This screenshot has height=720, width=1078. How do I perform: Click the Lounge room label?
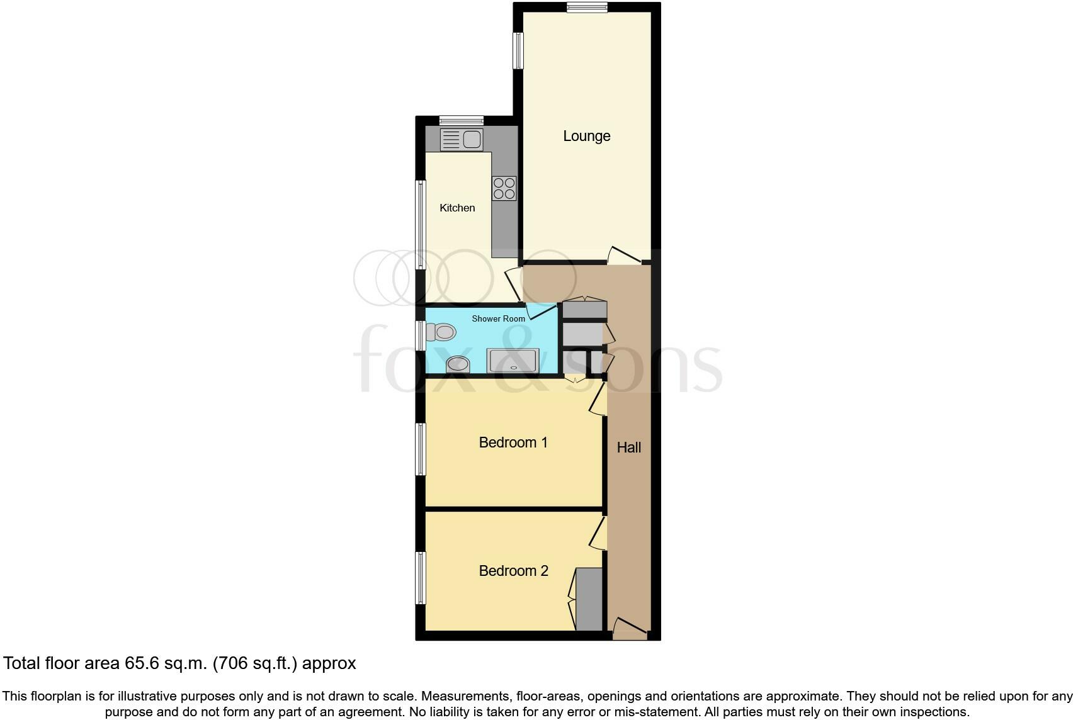coord(586,136)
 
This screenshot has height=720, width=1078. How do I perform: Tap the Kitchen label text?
coord(457,208)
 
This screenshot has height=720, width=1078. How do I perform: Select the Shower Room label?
coord(498,318)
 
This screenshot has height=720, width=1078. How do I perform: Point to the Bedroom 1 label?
coord(513,442)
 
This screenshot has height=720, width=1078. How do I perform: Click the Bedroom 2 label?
coord(513,571)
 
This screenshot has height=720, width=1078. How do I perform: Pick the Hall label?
coord(628,447)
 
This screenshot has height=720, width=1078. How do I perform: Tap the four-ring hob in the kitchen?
coord(504,188)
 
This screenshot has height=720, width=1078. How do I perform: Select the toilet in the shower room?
coord(441,332)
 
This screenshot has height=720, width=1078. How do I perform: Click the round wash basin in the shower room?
coord(458,364)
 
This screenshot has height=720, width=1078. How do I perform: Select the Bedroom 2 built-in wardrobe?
coord(589,599)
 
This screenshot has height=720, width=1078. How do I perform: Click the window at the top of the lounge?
coord(586,8)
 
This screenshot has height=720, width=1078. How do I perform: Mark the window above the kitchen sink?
coord(461,120)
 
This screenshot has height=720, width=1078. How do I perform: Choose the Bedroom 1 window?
coord(420,449)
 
